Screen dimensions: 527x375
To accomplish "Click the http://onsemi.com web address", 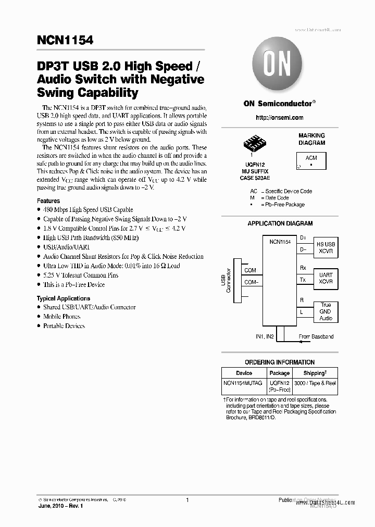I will pos(280,118).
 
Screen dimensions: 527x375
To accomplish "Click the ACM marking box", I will pos(311,160).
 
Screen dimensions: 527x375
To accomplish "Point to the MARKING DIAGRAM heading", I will pos(311,139).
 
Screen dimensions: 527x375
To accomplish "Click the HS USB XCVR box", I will pos(326,247).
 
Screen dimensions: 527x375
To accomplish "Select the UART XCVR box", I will pos(326,278).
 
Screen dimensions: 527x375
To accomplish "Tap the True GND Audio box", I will pos(326,311).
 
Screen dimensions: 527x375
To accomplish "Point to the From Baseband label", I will pos(316,337).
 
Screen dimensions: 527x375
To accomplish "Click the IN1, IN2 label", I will pos(265,337).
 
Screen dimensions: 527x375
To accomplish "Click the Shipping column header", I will pos(314,373).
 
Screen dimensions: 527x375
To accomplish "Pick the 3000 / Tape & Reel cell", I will pos(315,383).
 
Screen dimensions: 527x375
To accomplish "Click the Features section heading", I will pos(48,200).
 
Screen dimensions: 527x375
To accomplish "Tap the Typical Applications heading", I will pos(64,298).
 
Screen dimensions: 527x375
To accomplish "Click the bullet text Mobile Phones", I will pos(61,317).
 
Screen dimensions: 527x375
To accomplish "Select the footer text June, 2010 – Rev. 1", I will pos(60,506).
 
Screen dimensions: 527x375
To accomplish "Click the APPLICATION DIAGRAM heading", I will pos(280,223).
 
